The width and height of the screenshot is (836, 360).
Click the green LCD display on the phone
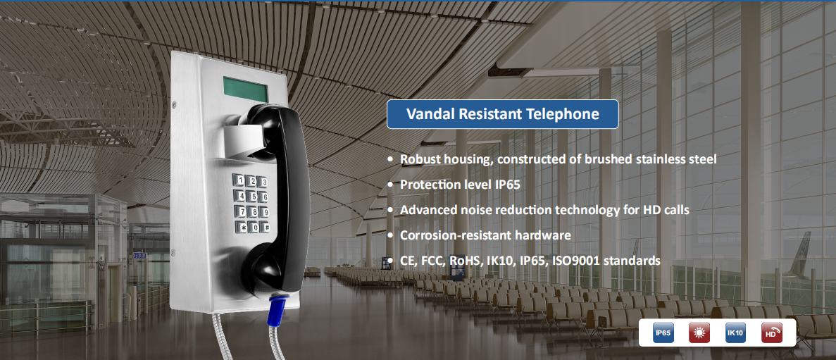(x=244, y=89)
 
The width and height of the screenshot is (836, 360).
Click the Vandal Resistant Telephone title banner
(x=502, y=114)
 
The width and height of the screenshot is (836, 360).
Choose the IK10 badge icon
(x=735, y=333)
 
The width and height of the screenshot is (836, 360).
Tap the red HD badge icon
(x=771, y=333)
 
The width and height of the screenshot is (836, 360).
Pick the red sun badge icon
(x=699, y=333)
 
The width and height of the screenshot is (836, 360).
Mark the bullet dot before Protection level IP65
(x=390, y=185)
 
